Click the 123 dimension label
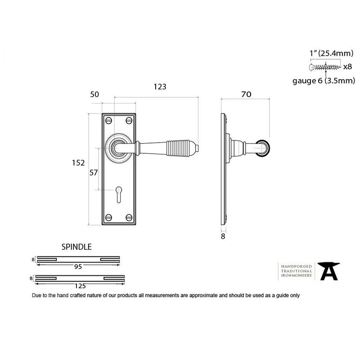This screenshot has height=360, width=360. point(160,87)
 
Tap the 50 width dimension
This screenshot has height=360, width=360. point(94,94)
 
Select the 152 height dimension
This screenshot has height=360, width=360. point(78,163)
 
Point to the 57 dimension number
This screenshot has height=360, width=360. point(94,173)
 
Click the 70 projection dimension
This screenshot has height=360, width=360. point(246,94)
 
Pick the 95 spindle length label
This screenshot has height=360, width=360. point(78,266)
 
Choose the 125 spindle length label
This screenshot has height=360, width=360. point(80,286)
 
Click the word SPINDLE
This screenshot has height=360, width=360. point(76,247)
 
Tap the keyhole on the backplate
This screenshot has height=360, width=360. point(119,194)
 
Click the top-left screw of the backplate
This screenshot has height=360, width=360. point(108,120)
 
